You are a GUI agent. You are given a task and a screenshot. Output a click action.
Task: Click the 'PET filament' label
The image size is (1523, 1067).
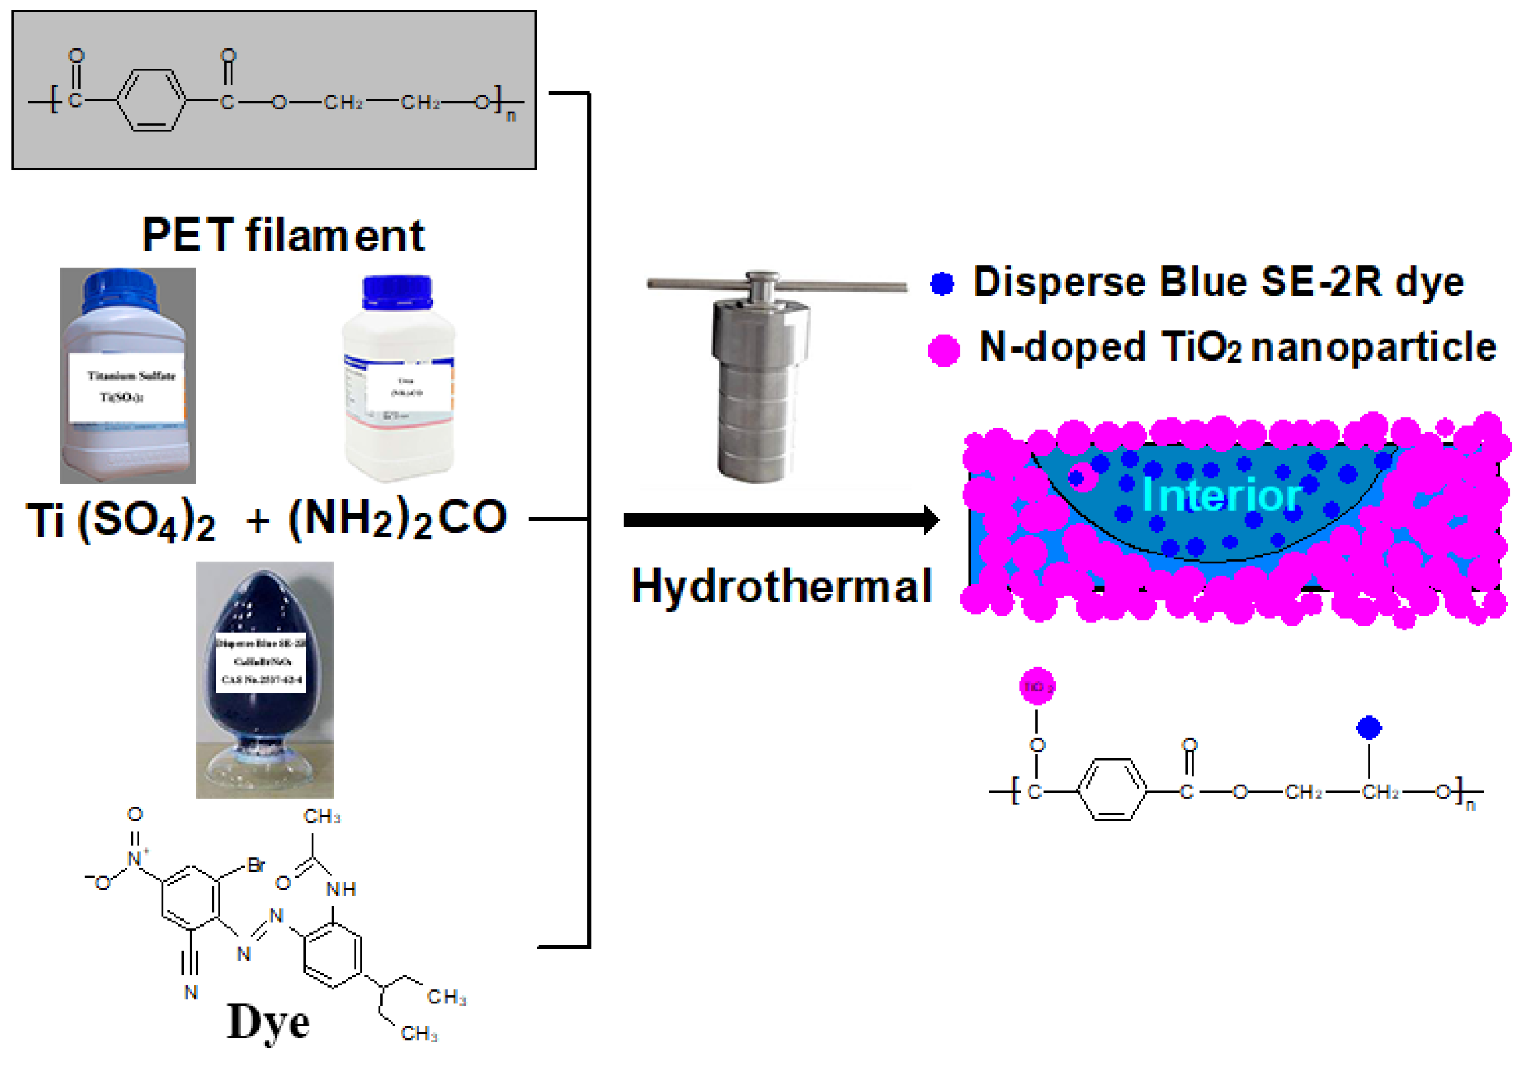coord(284,235)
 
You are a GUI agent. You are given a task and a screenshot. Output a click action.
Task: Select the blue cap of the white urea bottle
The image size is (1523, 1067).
coord(397,292)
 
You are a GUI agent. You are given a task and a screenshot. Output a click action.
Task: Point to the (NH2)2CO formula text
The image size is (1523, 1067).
coord(398,518)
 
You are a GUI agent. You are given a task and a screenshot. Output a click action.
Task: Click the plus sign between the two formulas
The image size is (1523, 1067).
coord(258,521)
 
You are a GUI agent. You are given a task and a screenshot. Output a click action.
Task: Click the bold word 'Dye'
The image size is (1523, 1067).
coord(268,1022)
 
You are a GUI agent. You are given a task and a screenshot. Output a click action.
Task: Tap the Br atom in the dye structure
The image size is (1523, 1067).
coord(256,865)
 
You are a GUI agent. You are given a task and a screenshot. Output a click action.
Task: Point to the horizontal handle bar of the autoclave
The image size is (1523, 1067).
coord(776,285)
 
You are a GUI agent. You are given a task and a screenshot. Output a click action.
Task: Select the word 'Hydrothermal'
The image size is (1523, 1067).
coord(781,586)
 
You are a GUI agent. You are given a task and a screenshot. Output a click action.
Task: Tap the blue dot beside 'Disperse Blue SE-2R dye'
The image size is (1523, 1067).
coord(942,283)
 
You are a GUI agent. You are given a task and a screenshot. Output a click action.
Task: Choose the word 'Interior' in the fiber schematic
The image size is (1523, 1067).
coord(1220,495)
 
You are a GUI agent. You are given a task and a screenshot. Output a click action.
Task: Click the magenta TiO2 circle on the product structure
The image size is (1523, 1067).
coord(1037,686)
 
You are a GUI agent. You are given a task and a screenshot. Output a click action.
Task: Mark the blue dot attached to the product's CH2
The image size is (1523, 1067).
coord(1369,727)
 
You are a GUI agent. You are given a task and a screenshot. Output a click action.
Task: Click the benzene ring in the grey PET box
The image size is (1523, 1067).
coord(151,101)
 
